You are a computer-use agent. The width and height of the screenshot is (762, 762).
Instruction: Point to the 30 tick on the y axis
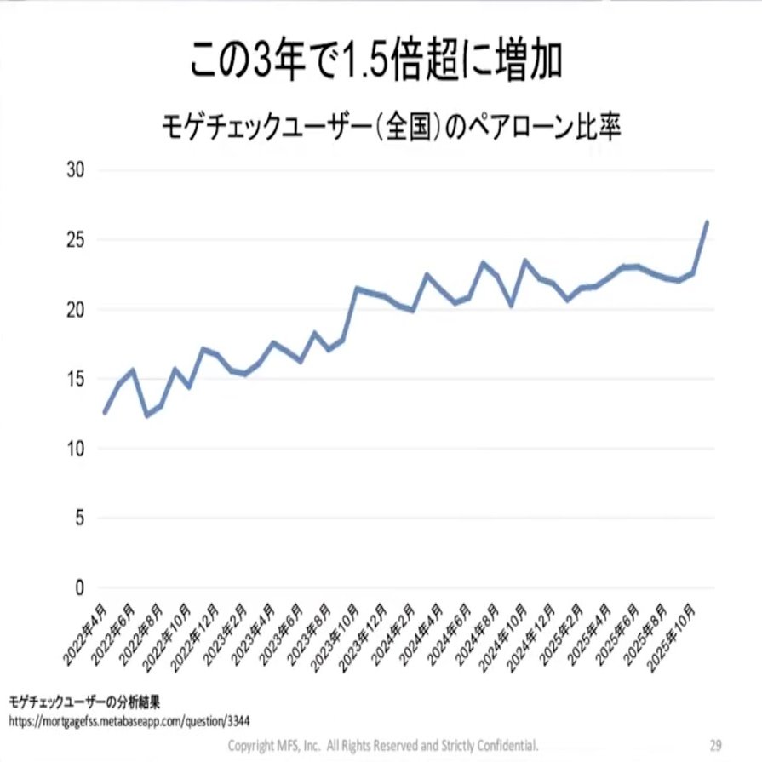tap(76, 169)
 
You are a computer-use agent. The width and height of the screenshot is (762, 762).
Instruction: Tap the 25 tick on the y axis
tap(76, 239)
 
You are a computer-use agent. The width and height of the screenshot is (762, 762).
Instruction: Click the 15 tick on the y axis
tap(76, 379)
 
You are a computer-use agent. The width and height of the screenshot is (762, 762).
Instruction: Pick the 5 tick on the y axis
tap(80, 518)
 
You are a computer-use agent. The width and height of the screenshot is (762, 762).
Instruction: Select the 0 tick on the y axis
tap(80, 587)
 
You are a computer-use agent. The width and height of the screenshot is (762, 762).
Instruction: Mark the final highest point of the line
tap(707, 222)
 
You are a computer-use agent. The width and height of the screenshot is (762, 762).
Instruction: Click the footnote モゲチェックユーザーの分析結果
tap(84, 702)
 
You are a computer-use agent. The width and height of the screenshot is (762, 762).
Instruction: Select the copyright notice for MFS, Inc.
tap(383, 744)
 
